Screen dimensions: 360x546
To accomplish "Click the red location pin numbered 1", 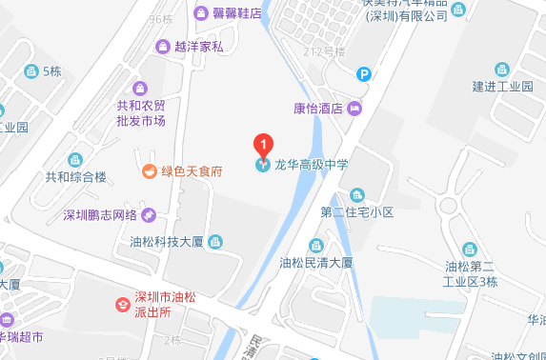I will pos(263,145).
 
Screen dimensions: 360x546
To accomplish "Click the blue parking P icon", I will pos(363,73).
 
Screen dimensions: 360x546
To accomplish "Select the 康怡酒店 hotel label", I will pos(318,109).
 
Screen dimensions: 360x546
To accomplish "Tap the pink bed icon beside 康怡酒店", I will pos(354,109).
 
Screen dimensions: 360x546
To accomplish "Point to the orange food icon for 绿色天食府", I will pos(149,171).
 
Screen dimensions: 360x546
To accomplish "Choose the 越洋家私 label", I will pos(199,45).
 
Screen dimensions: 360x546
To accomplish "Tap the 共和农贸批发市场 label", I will pos(141,113).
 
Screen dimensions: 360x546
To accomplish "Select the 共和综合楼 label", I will pos(77,176).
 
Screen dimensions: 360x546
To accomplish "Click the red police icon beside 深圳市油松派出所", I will pos(122,304).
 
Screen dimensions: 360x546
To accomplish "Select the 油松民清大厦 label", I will pos(317,261).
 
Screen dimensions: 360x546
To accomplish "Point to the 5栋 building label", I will pos(50,71).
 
